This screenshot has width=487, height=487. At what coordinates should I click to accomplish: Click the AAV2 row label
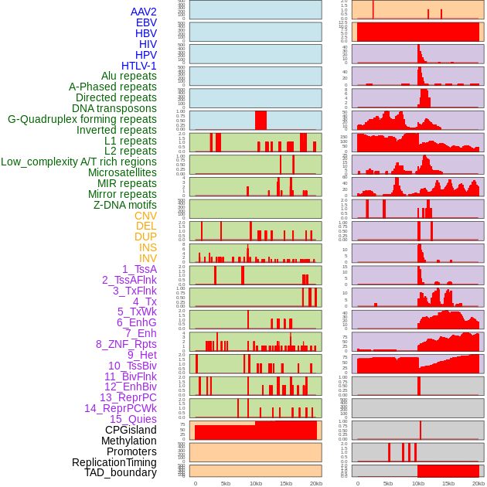click(144, 12)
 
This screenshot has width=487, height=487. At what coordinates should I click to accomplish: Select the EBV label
click(146, 23)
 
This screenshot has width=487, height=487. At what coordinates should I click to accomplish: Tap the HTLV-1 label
click(139, 66)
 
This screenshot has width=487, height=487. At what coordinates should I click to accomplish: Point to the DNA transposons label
click(114, 109)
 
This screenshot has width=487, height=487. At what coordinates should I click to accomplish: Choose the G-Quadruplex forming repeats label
click(82, 120)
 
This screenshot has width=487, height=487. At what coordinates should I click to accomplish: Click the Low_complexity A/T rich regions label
click(79, 162)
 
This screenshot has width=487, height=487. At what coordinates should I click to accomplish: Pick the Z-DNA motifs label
click(125, 205)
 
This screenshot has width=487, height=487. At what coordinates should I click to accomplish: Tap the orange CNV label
click(145, 216)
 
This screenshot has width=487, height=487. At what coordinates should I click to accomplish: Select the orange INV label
click(148, 258)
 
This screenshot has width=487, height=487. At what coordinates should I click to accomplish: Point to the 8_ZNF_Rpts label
click(126, 344)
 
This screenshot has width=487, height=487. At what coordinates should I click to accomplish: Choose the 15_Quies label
click(133, 419)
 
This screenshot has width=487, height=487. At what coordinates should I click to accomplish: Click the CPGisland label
click(131, 430)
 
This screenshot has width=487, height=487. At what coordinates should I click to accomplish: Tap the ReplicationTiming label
click(114, 462)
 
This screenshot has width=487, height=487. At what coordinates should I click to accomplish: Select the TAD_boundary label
click(121, 472)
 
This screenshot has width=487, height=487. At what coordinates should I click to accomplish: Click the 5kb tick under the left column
click(226, 483)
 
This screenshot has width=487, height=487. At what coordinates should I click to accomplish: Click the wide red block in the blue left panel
click(261, 121)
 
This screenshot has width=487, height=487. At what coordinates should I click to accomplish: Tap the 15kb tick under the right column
click(448, 483)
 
